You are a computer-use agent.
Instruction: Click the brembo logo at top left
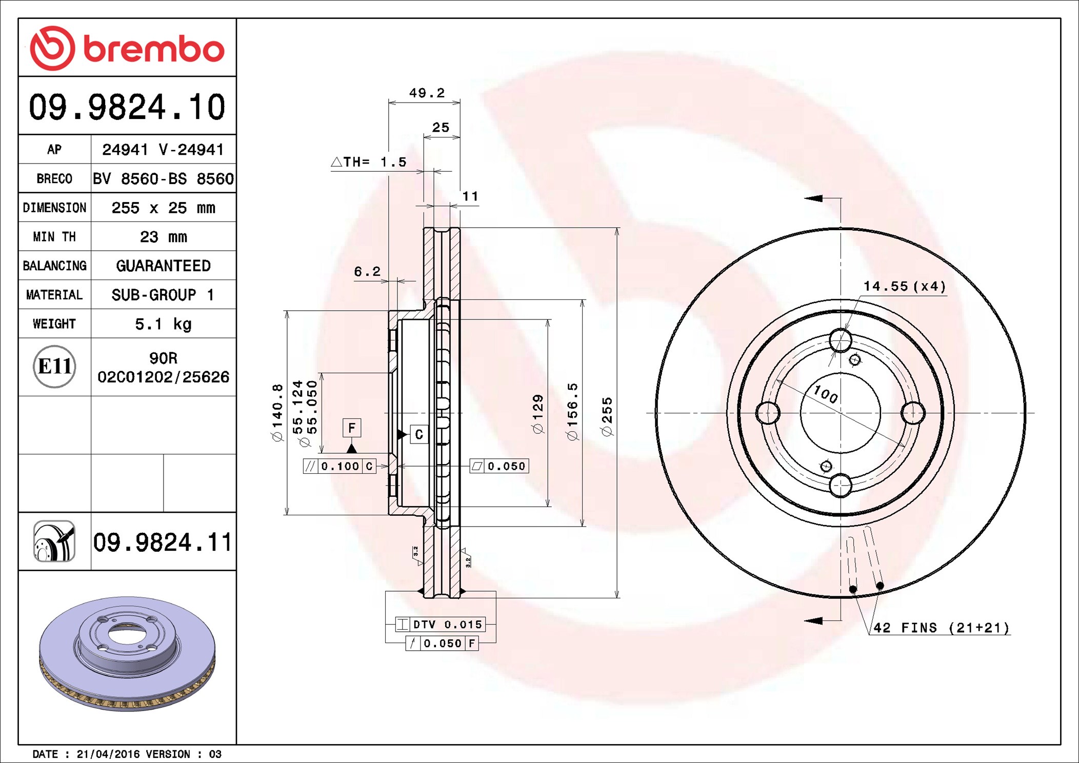[x=127, y=48]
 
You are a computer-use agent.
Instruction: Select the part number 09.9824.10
[x=127, y=107]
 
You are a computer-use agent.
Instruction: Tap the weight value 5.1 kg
[x=163, y=324]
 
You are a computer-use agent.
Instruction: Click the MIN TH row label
[x=54, y=237]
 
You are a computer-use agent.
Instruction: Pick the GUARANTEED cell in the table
[x=163, y=266]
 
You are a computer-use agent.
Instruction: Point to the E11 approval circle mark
[x=54, y=367]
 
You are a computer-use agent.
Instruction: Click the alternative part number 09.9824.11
[x=163, y=542]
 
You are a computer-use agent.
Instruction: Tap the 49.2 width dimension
[x=427, y=93]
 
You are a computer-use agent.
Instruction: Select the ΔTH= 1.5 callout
[x=369, y=162]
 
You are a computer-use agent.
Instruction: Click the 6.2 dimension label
[x=367, y=271]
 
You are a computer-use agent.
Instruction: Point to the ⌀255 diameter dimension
[x=607, y=416]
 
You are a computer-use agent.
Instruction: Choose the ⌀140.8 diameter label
[x=277, y=412]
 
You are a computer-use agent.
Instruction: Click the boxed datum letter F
[x=352, y=428]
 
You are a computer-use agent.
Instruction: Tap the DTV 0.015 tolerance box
[x=440, y=624]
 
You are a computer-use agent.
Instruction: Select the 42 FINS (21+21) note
[x=942, y=628]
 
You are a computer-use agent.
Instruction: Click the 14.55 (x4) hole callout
[x=905, y=286]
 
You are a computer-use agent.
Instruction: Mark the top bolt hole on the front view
[x=841, y=340]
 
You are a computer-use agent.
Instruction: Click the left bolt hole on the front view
[x=768, y=413]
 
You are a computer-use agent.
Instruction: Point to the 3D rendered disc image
[x=127, y=653]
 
